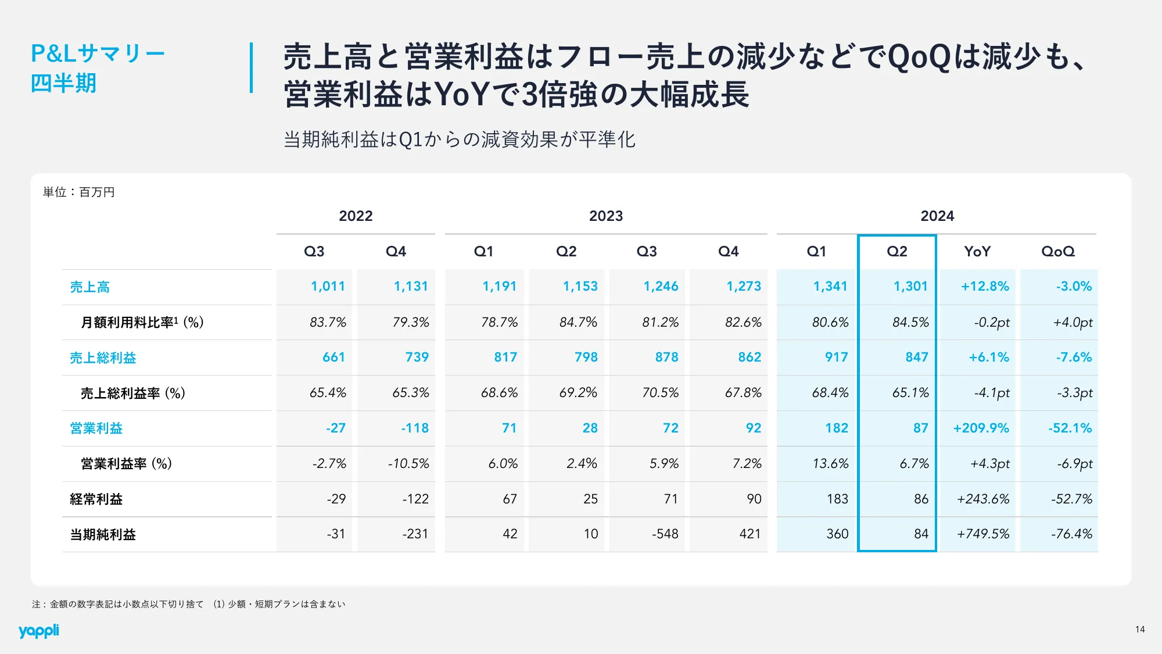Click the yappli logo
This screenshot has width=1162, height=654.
[38, 631]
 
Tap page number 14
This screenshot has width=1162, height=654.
[1140, 630]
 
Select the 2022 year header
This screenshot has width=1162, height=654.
[356, 216]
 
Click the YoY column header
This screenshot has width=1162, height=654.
[977, 252]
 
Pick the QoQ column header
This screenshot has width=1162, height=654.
[1057, 252]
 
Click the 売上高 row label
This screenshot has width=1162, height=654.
[90, 287]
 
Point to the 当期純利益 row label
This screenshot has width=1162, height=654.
[103, 534]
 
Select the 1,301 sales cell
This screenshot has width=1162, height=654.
[910, 287]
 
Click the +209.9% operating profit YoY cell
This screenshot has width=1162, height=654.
[981, 428]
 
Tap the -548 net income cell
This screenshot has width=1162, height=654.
[665, 534]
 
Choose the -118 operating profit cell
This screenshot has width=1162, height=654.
[414, 428]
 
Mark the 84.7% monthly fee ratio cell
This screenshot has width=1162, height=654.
[578, 323]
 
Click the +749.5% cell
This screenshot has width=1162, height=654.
[983, 534]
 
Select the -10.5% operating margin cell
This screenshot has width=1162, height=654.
[408, 464]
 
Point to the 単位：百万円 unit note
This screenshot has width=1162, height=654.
[79, 192]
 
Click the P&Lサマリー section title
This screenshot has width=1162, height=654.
[98, 54]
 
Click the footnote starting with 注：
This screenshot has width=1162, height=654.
[188, 605]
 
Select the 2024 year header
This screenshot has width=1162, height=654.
[937, 216]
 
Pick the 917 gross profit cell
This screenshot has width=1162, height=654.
[836, 358]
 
